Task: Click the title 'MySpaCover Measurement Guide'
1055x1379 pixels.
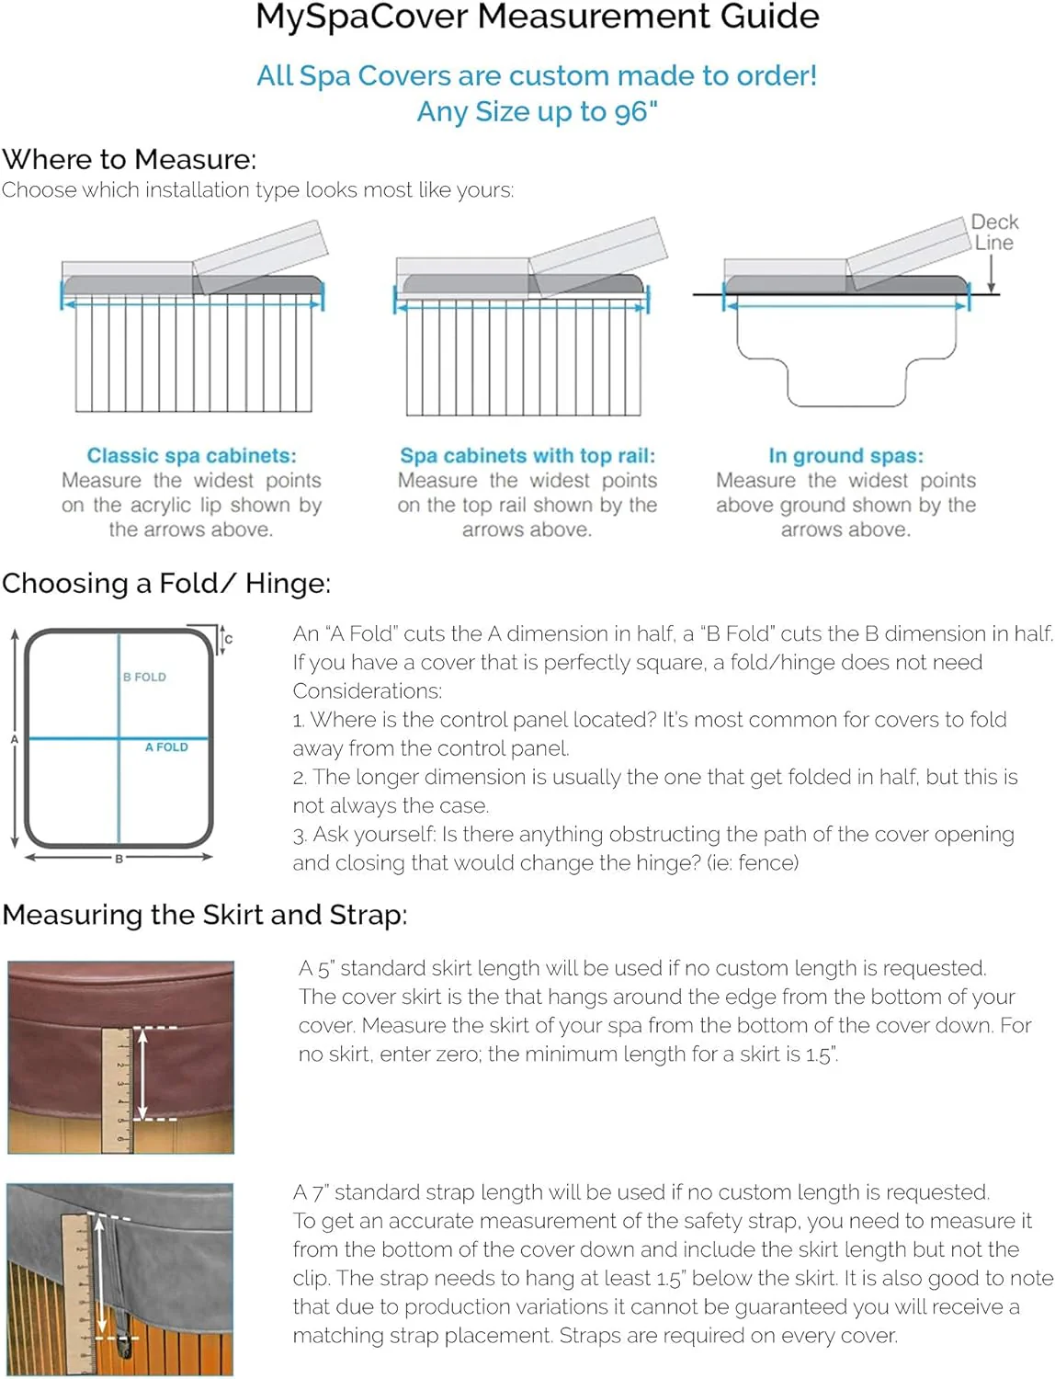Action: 537,17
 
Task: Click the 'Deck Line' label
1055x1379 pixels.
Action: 994,233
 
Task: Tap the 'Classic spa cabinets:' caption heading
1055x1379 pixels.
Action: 191,455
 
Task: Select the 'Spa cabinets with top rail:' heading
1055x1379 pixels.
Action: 527,455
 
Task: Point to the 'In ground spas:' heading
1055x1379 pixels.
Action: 845,455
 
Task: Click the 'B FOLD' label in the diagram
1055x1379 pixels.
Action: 144,677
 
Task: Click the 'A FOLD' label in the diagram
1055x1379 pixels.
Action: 166,747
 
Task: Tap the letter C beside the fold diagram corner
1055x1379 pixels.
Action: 229,639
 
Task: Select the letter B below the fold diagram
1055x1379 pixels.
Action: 119,859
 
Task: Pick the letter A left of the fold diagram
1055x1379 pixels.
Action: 14,739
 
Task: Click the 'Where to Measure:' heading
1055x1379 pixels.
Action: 129,159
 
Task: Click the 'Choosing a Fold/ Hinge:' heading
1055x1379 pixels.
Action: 165,583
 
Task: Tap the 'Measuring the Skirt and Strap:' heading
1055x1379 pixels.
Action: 204,915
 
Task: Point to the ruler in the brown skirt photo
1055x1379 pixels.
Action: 117,1089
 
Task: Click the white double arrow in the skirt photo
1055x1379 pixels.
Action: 142,1073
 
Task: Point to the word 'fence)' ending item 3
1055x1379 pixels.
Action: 768,862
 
